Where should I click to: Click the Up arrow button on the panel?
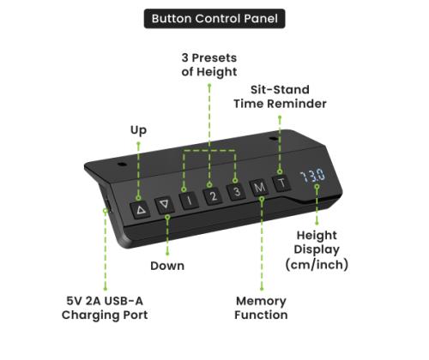point(141,210)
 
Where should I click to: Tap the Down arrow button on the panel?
point(165,204)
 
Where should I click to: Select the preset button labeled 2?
point(213,195)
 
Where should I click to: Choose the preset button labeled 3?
point(236,191)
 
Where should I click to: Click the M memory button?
point(259,187)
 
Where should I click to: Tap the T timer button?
point(281,183)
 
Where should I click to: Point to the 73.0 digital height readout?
point(312,176)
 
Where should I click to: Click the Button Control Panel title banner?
point(214,19)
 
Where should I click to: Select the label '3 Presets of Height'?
point(209,65)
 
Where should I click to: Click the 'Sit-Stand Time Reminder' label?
point(280,97)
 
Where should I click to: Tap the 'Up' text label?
point(139,130)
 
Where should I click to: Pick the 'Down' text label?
point(167,266)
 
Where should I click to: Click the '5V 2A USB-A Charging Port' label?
point(105,308)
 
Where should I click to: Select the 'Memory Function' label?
point(261,308)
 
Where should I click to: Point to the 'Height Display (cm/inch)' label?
point(317,250)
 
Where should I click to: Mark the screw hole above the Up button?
point(123,165)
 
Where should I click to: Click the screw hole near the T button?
point(274,139)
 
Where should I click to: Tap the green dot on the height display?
point(317,187)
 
